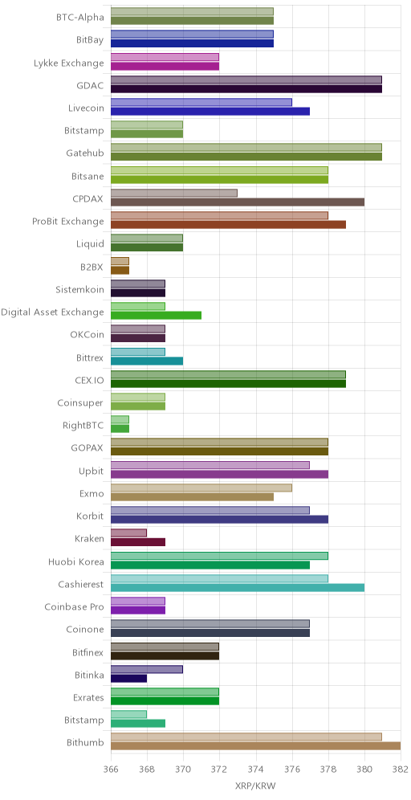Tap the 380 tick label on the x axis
364,769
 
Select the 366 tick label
111,769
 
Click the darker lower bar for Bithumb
255,746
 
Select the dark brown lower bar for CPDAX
238,202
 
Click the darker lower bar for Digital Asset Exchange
156,316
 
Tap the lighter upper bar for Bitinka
147,669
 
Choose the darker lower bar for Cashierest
238,588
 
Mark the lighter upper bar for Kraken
128,533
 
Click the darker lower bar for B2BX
120,271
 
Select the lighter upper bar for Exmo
201,488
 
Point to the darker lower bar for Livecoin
210,111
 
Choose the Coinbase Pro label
75,607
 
